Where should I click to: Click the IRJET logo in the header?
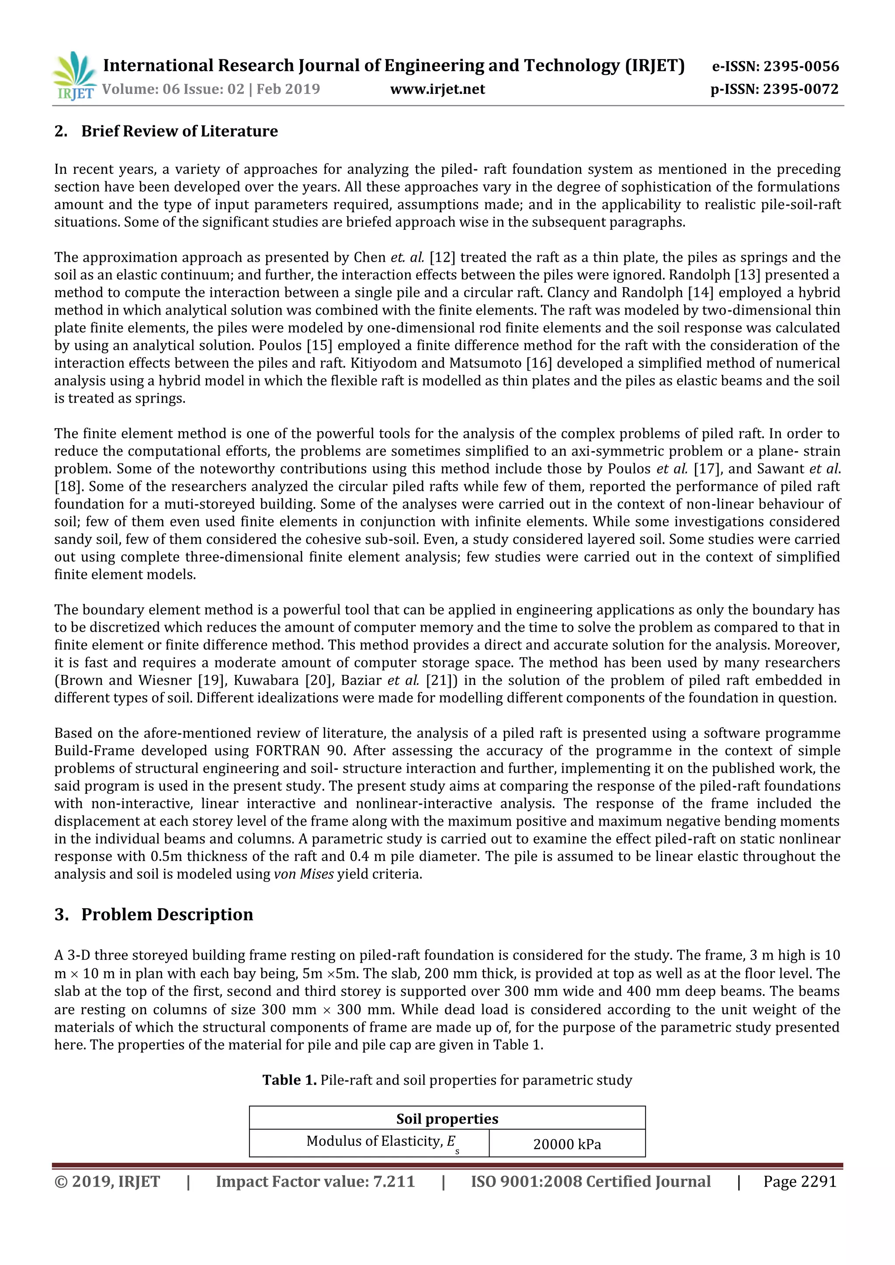tap(74, 76)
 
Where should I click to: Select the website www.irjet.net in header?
tap(437, 89)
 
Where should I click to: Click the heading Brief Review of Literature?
tap(179, 131)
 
